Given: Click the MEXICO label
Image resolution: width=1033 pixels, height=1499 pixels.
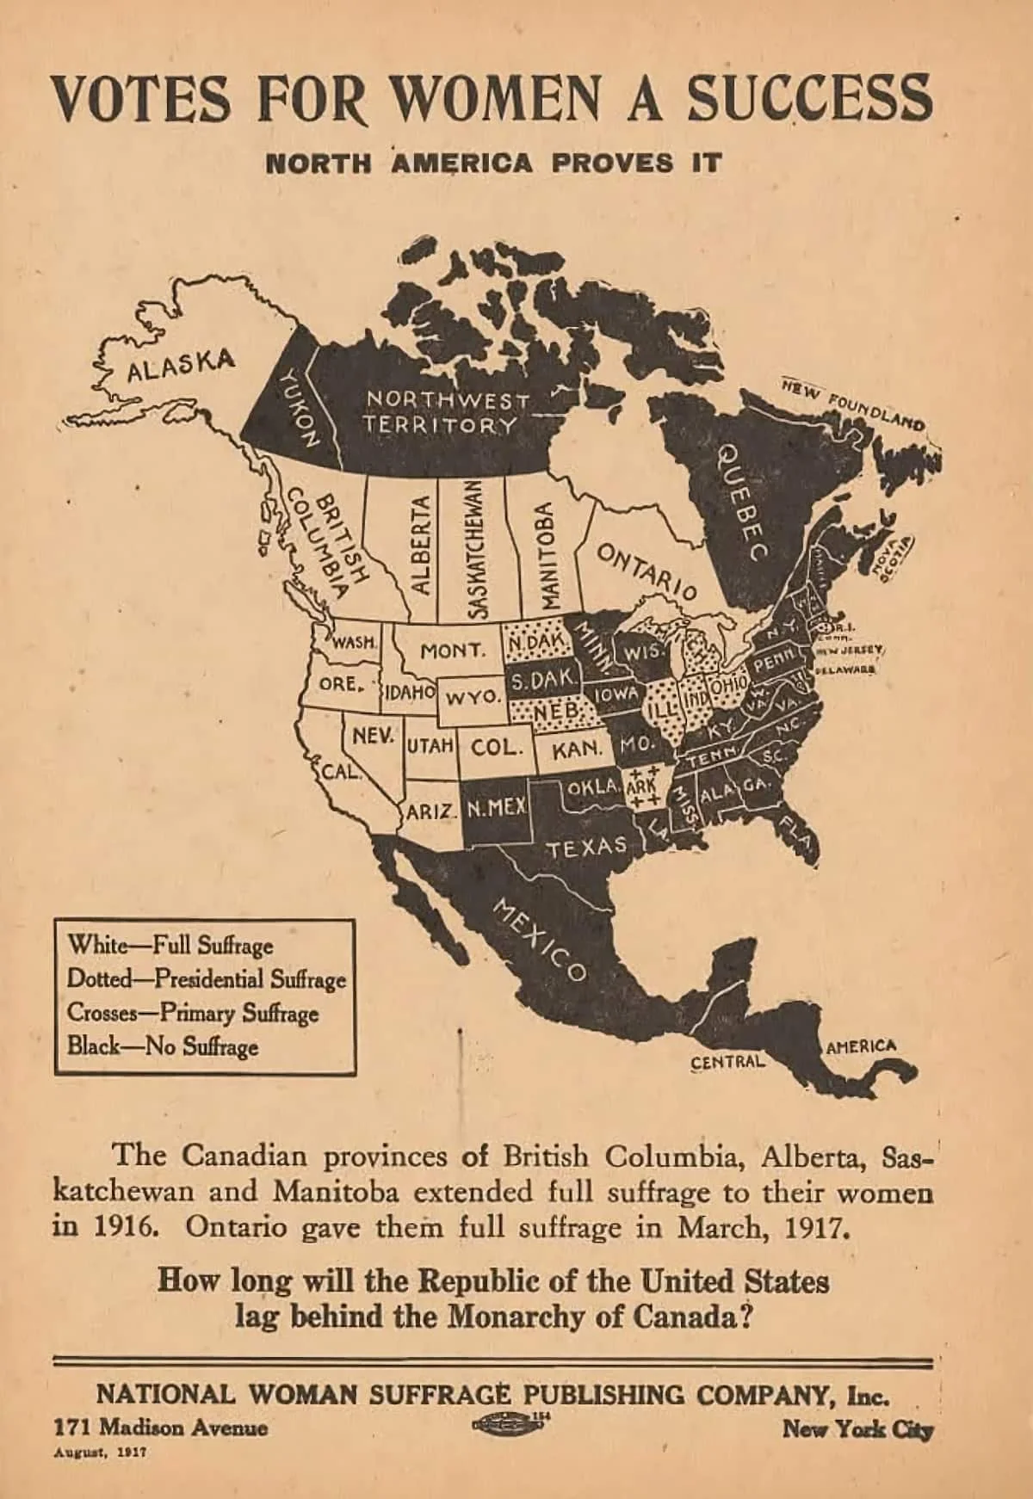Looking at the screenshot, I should pyautogui.click(x=539, y=941).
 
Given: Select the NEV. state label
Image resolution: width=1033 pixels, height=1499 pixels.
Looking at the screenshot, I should pyautogui.click(x=373, y=737).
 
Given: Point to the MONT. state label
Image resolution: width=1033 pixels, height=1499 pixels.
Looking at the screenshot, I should pyautogui.click(x=452, y=651).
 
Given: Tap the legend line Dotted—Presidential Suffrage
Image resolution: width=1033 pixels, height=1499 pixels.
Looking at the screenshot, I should pyautogui.click(x=207, y=979).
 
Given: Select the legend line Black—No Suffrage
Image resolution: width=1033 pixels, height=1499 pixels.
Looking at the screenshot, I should pyautogui.click(x=163, y=1047).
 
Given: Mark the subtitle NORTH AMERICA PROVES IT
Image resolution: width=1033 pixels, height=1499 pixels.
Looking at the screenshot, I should pyautogui.click(x=492, y=163).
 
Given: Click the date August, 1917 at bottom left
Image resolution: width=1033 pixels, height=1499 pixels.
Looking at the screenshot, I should pyautogui.click(x=100, y=1450).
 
